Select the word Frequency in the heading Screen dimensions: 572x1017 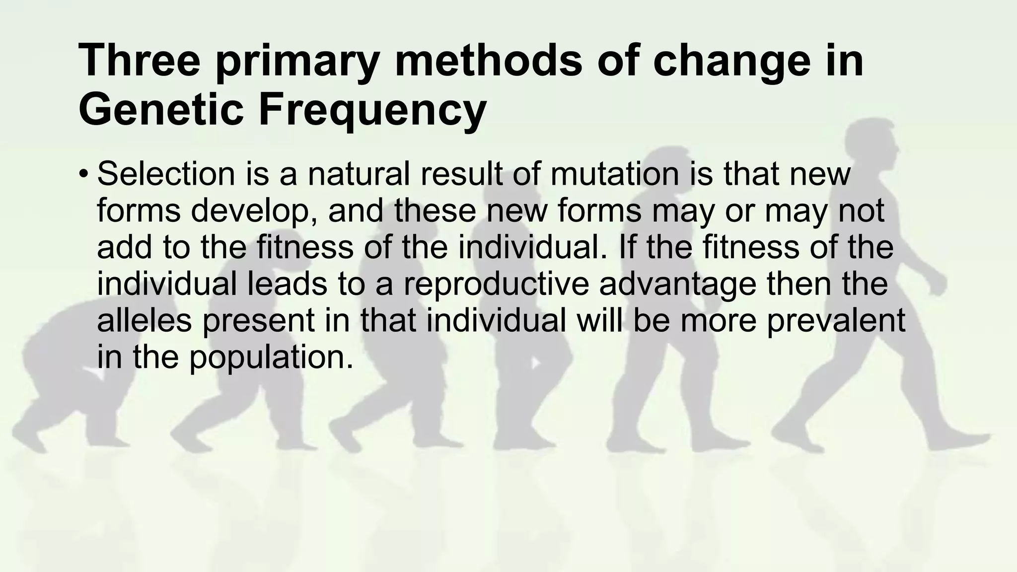click(372, 110)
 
